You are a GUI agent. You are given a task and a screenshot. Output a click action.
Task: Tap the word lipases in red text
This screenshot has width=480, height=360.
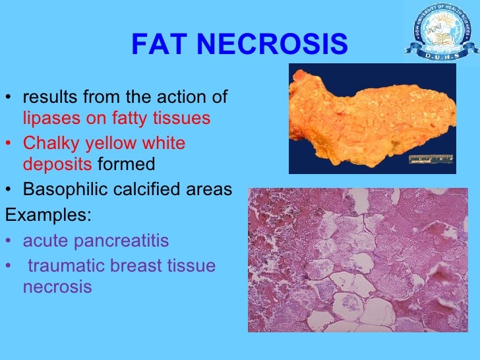47,119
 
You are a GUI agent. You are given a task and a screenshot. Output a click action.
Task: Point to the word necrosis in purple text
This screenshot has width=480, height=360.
57,287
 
